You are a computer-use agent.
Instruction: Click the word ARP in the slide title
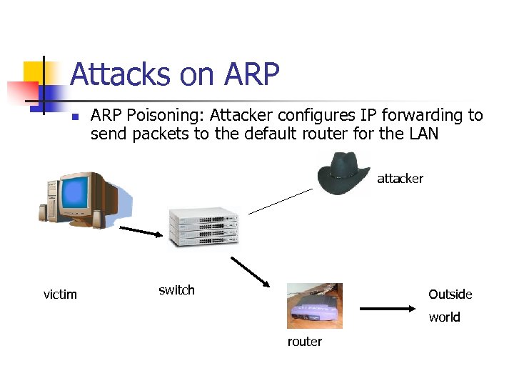pyautogui.click(x=251, y=74)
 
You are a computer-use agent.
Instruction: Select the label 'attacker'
pyautogui.click(x=400, y=179)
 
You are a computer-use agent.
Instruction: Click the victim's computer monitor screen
pyautogui.click(x=74, y=194)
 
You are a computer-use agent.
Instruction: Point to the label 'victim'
pyautogui.click(x=60, y=295)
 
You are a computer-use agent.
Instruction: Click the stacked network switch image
pyautogui.click(x=203, y=227)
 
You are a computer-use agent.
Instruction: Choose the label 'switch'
pyautogui.click(x=176, y=290)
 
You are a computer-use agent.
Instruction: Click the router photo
pyautogui.click(x=314, y=305)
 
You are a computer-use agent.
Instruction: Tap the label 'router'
pyautogui.click(x=305, y=342)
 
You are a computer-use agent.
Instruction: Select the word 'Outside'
pyautogui.click(x=450, y=295)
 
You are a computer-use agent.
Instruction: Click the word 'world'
pyautogui.click(x=444, y=317)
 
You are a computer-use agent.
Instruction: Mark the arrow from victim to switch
pyautogui.click(x=141, y=233)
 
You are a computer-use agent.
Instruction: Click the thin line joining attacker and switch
pyautogui.click(x=281, y=201)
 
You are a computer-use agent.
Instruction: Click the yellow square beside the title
pyautogui.click(x=34, y=72)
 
